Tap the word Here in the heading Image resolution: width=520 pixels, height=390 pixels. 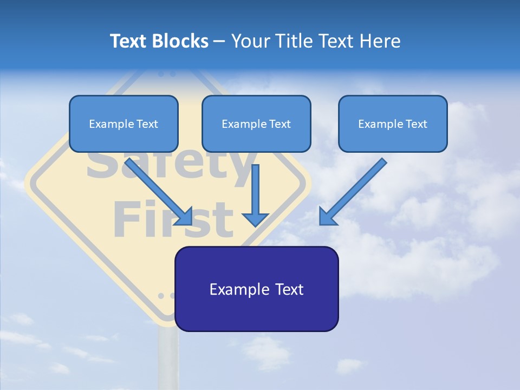(381, 41)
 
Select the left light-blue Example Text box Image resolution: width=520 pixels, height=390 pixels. (123, 123)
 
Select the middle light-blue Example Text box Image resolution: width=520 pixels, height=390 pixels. (256, 123)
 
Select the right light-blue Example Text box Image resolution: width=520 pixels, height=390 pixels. (393, 123)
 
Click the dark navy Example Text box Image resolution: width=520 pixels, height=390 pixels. (256, 289)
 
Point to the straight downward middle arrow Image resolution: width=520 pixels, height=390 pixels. (255, 190)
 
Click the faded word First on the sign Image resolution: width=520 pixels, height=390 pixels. (173, 219)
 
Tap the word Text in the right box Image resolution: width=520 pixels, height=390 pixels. (417, 124)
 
